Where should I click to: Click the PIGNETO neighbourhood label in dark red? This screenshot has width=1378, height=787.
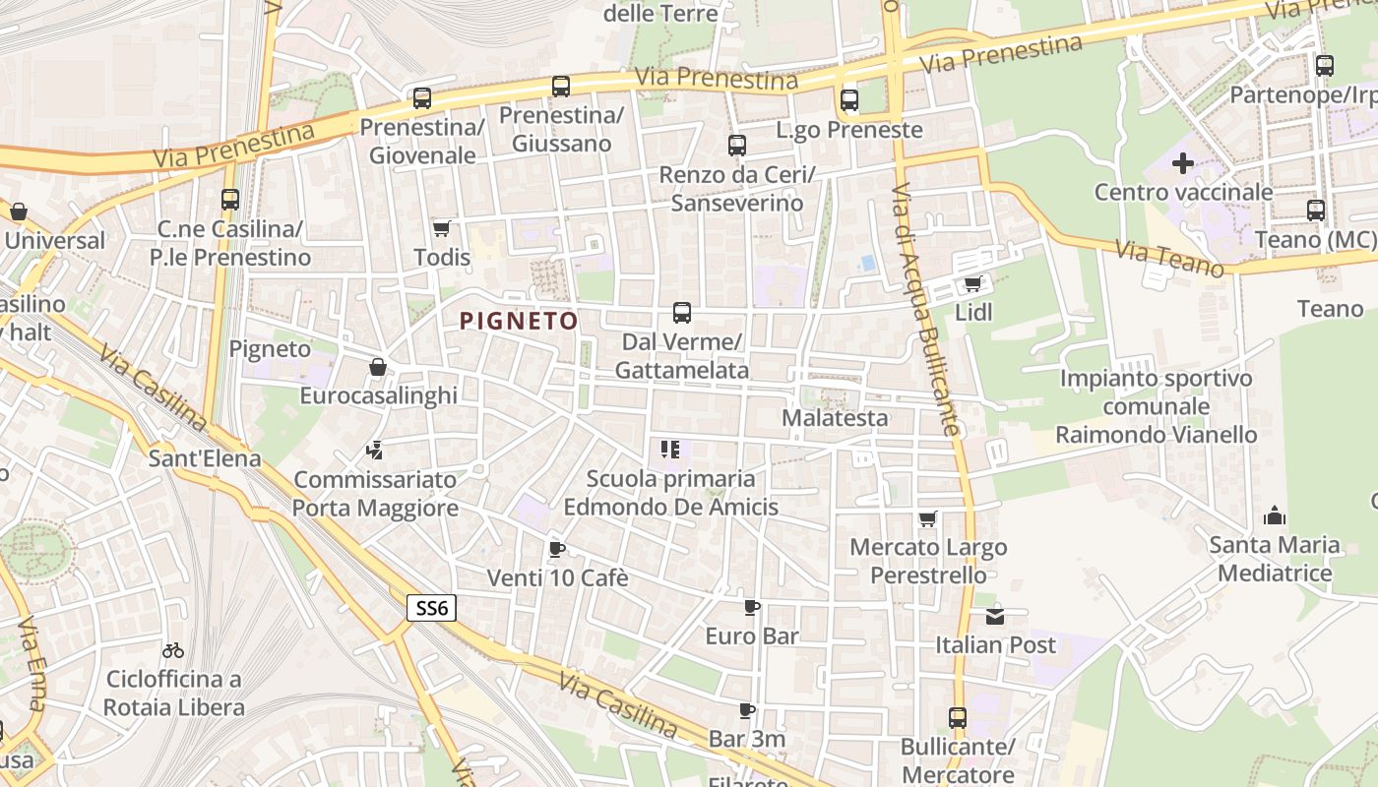pos(519,321)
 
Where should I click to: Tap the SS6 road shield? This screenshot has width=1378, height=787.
pos(431,608)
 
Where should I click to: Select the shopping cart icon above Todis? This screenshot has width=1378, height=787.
pos(441,228)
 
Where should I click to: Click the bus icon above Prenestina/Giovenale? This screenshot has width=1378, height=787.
pos(422,98)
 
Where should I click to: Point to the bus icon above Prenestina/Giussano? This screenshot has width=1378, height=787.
pos(561,87)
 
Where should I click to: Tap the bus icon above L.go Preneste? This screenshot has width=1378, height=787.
pos(848,100)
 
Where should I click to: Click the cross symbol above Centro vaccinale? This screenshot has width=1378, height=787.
pos(1183,163)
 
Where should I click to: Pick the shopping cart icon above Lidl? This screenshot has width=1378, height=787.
pos(973,283)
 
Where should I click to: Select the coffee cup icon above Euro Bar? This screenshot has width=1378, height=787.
pos(752,607)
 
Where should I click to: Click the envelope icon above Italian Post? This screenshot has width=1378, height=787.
pos(995,616)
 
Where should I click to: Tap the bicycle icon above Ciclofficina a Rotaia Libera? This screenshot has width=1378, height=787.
pos(173,650)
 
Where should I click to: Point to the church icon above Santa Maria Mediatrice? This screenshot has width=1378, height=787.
pos(1275,515)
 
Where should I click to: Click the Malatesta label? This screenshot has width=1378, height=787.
pos(835,418)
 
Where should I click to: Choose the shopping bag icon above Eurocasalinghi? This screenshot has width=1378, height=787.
pos(377,367)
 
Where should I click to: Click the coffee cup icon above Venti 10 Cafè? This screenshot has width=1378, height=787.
pos(557,549)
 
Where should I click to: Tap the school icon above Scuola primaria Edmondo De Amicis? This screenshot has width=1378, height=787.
pos(670,451)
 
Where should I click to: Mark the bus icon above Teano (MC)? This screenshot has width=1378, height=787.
pos(1316,211)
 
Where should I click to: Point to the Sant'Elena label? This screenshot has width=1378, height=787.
pos(205,458)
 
